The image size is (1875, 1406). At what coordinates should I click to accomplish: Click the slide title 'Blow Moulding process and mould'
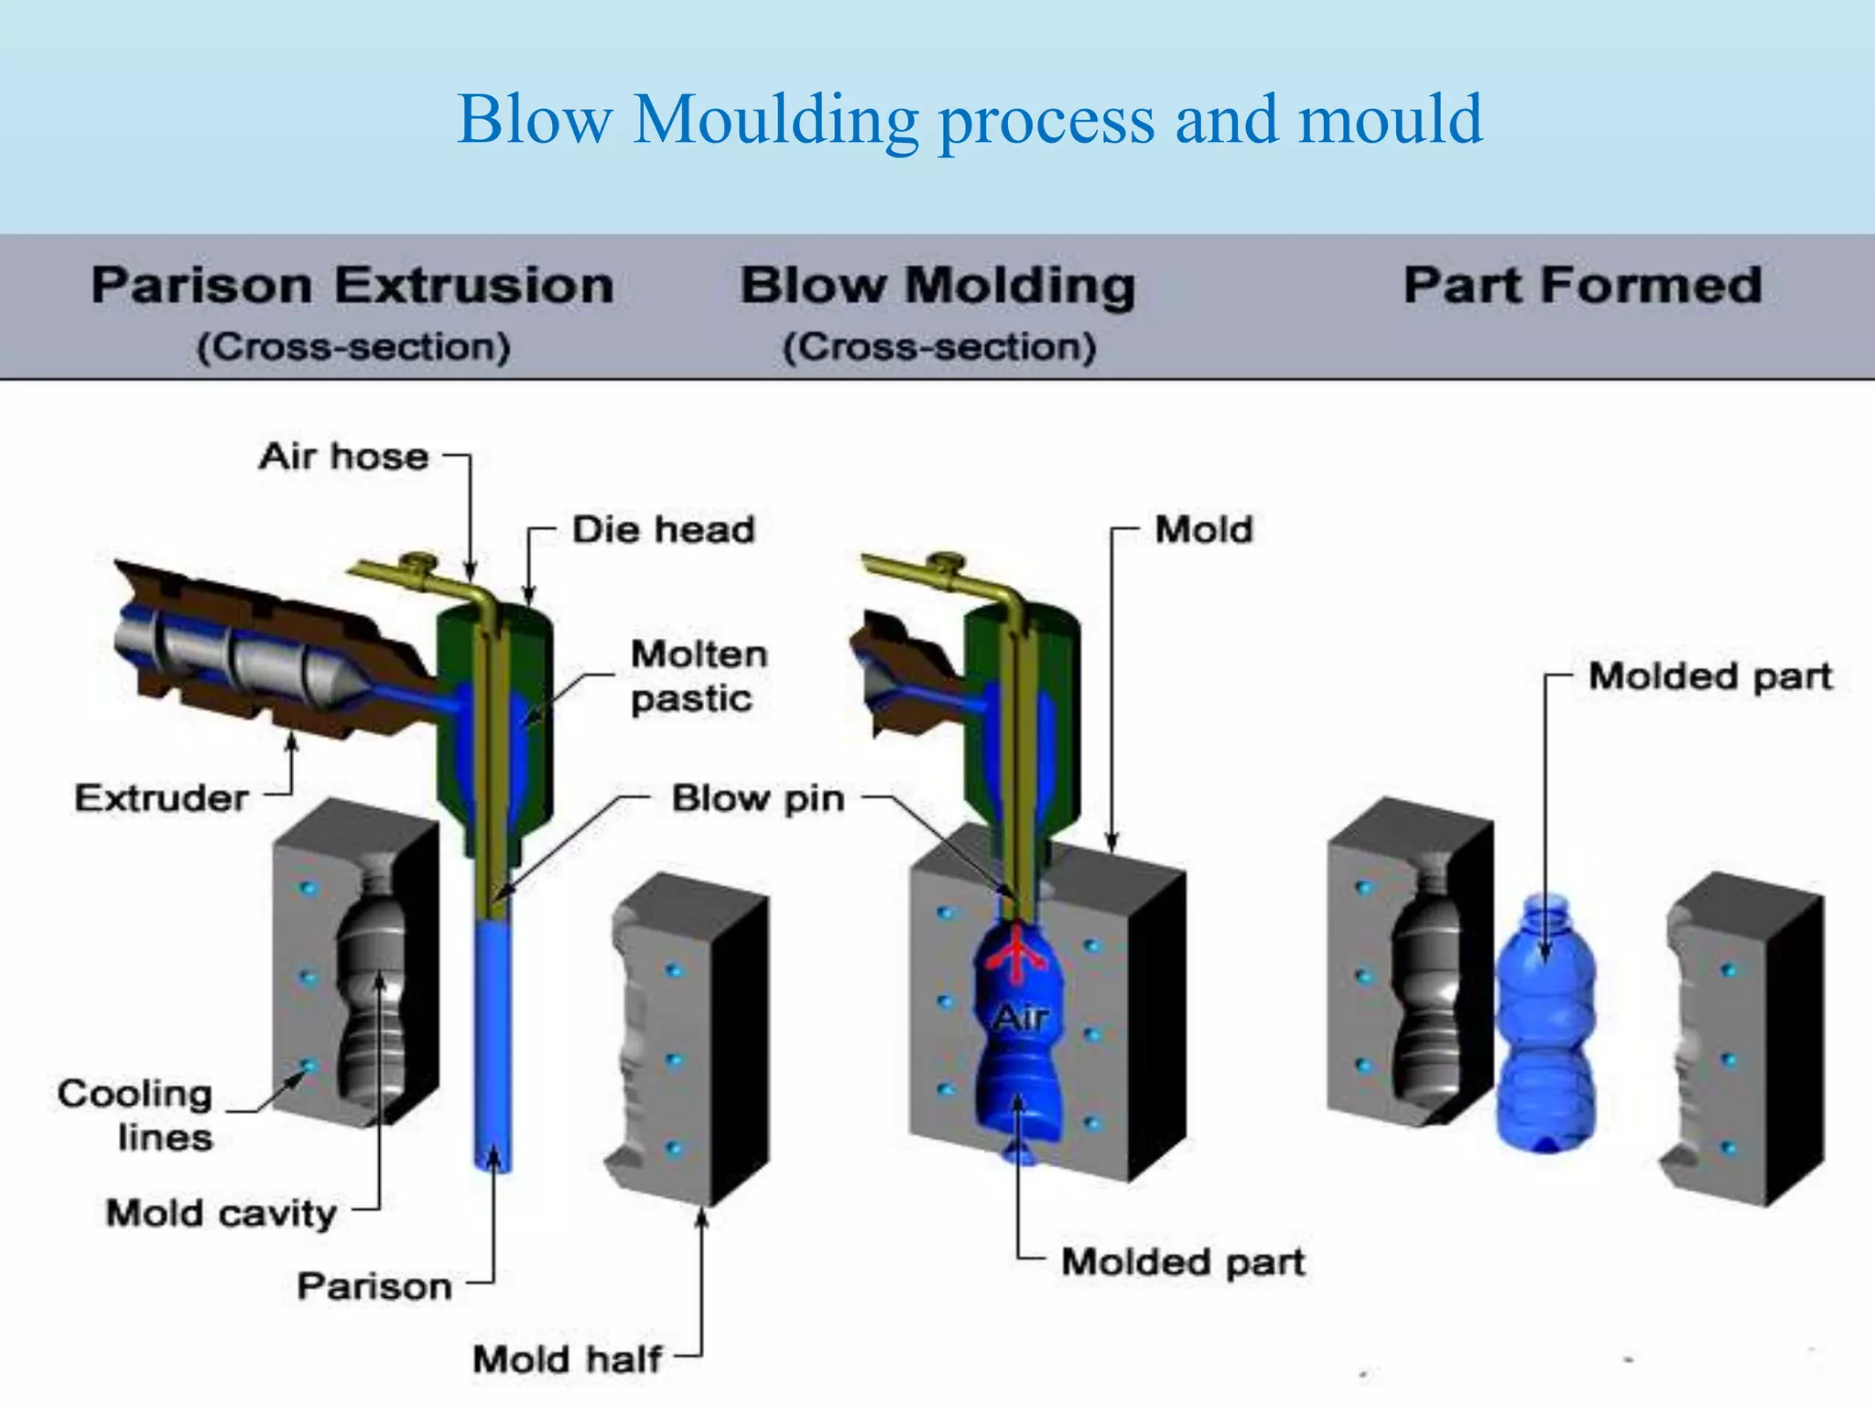pyautogui.click(x=970, y=120)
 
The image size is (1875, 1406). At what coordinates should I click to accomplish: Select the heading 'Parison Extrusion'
pyautogui.click(x=352, y=285)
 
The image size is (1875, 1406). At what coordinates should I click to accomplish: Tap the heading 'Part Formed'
pyautogui.click(x=1582, y=285)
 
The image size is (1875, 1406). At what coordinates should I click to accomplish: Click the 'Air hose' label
pyautogui.click(x=343, y=456)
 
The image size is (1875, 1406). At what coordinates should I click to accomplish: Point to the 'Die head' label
pyautogui.click(x=663, y=529)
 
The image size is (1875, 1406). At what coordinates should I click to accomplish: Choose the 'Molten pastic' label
pyautogui.click(x=699, y=676)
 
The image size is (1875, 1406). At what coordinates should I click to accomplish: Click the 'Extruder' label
pyautogui.click(x=161, y=798)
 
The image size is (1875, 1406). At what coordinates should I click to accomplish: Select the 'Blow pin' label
pyautogui.click(x=757, y=798)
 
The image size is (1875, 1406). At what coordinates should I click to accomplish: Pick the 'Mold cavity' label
pyautogui.click(x=222, y=1213)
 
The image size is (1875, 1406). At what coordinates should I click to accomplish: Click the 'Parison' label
pyautogui.click(x=374, y=1286)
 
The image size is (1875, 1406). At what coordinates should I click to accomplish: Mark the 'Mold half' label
pyautogui.click(x=567, y=1358)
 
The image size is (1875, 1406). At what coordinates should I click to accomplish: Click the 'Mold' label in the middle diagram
pyautogui.click(x=1203, y=529)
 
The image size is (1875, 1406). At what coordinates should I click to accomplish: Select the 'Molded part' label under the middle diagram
pyautogui.click(x=1182, y=1262)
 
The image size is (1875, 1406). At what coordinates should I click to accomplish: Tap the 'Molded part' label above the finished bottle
pyautogui.click(x=1709, y=676)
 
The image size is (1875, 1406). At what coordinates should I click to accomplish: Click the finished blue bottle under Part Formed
pyautogui.click(x=1544, y=1025)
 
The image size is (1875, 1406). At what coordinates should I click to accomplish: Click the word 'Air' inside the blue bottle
pyautogui.click(x=1020, y=1017)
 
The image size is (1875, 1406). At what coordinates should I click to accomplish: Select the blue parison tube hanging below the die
pyautogui.click(x=493, y=1044)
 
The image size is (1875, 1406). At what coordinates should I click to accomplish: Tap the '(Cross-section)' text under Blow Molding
pyautogui.click(x=938, y=347)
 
